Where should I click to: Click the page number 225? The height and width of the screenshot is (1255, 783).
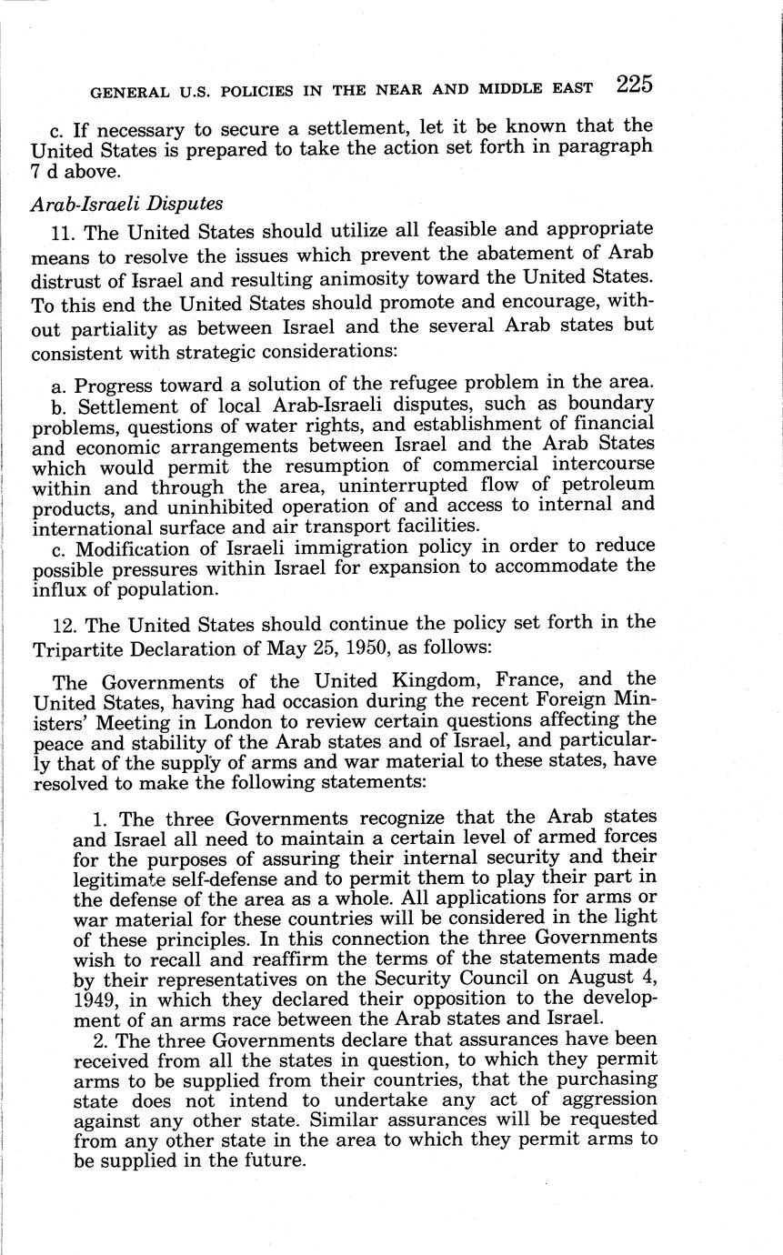pyautogui.click(x=633, y=85)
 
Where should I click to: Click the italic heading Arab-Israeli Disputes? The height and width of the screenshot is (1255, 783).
pyautogui.click(x=125, y=204)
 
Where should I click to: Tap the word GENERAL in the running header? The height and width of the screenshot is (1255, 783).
pyautogui.click(x=120, y=90)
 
